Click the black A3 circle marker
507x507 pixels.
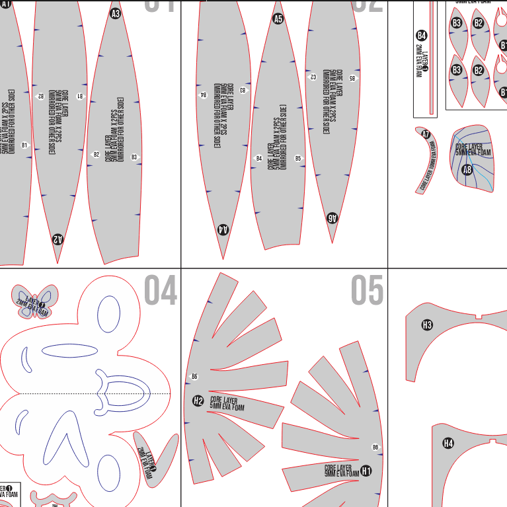pos(116,13)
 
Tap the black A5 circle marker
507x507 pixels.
pos(278,19)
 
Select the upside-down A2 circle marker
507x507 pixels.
pos(58,239)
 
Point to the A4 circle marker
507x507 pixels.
pos(223,229)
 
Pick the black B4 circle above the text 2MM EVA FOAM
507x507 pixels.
pos(422,36)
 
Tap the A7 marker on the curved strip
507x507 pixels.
pos(426,134)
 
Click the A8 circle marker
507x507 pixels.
pos(467,170)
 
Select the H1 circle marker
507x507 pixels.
pos(366,471)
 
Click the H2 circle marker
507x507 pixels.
pos(198,401)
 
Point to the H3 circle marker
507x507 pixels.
pos(427,325)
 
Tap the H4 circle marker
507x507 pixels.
pos(448,443)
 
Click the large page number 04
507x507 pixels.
pos(161,292)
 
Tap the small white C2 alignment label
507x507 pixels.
pos(313,77)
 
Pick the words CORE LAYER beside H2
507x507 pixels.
pos(223,400)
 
